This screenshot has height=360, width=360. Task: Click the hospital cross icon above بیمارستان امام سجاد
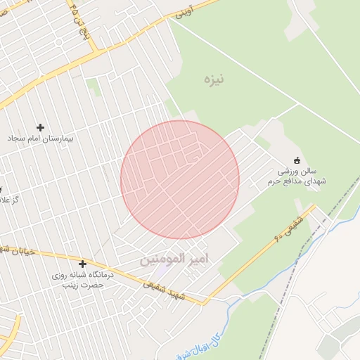coord(40,127)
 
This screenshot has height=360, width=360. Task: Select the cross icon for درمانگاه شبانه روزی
coord(83,264)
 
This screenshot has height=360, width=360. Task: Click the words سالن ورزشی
coord(297,171)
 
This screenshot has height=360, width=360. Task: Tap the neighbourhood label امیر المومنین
coord(175,259)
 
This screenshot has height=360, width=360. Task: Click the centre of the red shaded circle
coord(180,180)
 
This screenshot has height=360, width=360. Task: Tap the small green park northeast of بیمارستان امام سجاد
coord(92,85)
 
